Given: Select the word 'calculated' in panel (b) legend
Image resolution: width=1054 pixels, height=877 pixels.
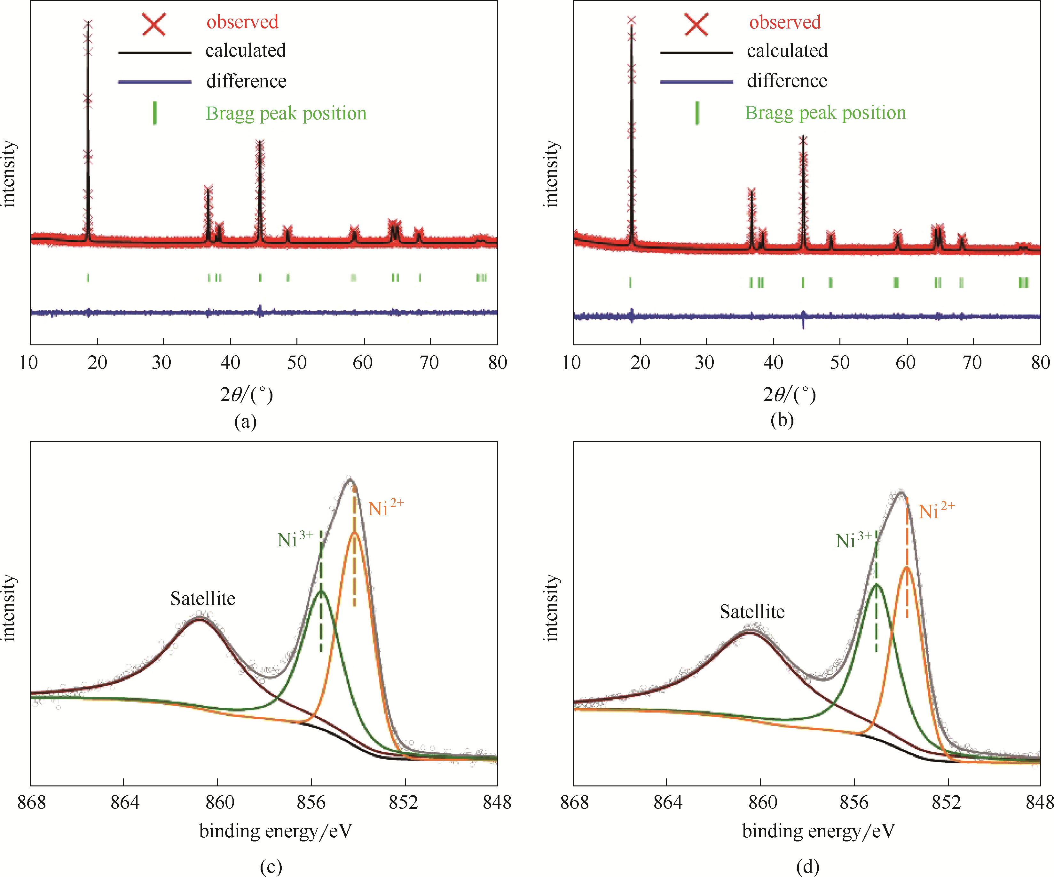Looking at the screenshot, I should click(x=787, y=51).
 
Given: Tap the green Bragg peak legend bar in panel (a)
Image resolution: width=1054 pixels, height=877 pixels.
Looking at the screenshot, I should click(x=155, y=113).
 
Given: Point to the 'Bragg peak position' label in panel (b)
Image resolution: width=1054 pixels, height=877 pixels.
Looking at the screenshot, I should click(x=825, y=113).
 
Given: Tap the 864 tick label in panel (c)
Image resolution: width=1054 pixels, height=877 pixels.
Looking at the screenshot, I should click(x=124, y=802).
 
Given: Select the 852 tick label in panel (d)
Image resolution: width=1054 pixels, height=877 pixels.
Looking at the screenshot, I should click(x=946, y=802).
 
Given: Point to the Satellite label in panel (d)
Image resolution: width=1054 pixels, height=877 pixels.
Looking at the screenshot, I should click(x=752, y=612).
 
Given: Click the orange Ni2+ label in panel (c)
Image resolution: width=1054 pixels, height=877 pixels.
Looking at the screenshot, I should click(x=385, y=508).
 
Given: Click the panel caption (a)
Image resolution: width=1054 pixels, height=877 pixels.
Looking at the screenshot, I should click(x=245, y=421).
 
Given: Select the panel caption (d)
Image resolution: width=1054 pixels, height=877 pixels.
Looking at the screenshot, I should click(x=807, y=866).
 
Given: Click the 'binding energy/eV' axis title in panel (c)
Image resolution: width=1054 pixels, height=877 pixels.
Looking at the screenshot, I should click(x=276, y=831).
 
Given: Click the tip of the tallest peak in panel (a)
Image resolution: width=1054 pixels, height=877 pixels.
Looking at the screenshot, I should click(x=88, y=23).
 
